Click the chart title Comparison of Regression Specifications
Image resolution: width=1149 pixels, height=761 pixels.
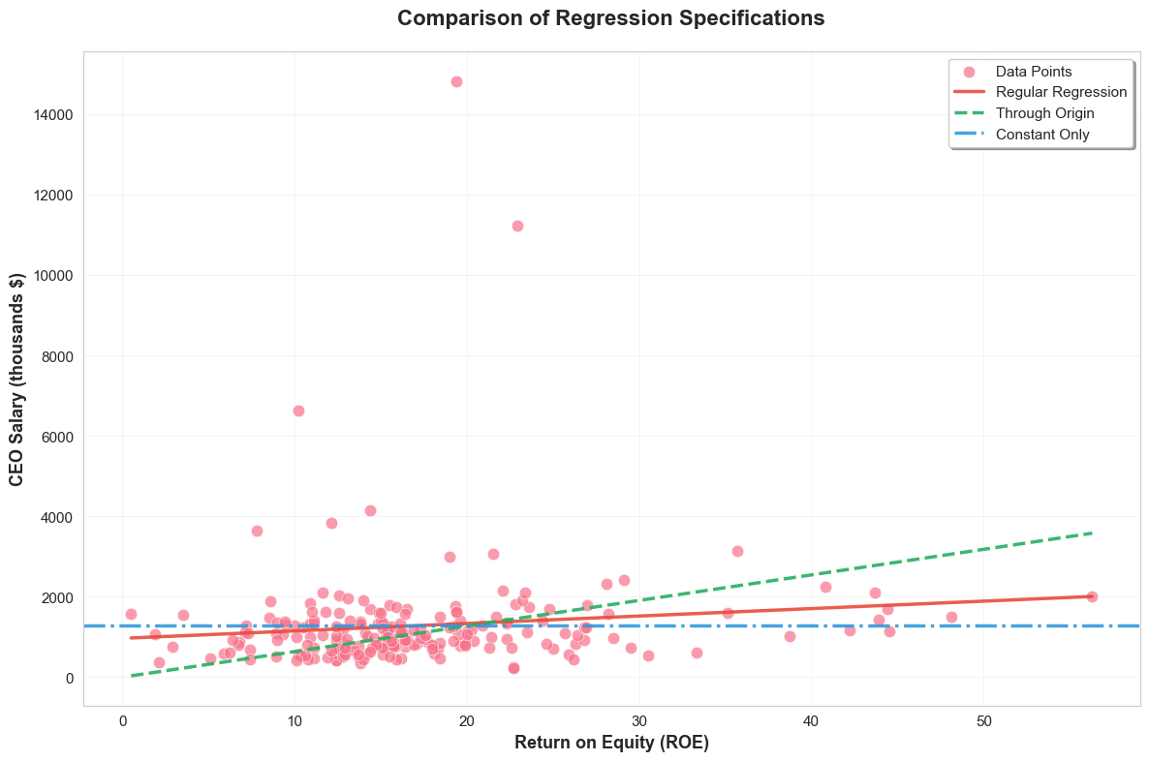coord(610,18)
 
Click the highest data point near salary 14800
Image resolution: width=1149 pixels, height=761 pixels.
coord(456,81)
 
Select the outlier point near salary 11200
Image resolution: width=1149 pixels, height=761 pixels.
coord(517,226)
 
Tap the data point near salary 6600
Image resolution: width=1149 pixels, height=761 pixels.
coord(298,411)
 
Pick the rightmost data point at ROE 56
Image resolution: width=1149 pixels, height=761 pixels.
coord(1092,596)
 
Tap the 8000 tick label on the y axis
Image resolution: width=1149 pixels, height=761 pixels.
coord(55,356)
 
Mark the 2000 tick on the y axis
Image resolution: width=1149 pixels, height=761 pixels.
coord(55,597)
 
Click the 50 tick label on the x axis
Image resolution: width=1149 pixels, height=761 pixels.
coord(983,722)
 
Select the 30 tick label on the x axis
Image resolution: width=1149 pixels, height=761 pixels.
coord(638,722)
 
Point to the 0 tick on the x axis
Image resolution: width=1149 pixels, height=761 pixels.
coord(122,722)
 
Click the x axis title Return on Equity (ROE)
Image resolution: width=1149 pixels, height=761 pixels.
coord(611,744)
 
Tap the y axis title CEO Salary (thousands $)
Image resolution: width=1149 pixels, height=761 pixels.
coord(17,379)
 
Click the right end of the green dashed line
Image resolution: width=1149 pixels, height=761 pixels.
coord(1092,533)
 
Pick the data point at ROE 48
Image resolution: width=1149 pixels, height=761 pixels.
coord(951,617)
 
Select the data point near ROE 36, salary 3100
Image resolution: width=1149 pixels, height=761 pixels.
coord(737,551)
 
